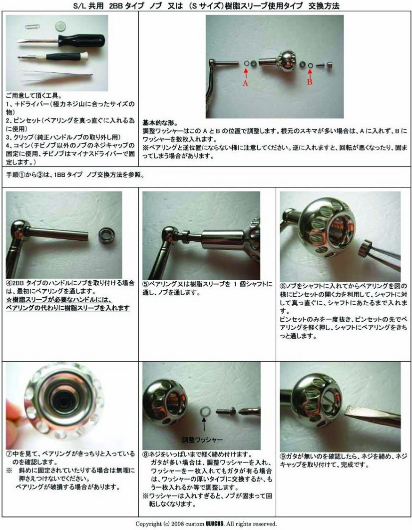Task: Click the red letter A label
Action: (x=245, y=84)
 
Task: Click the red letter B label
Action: (x=310, y=82)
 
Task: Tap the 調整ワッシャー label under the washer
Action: (x=202, y=440)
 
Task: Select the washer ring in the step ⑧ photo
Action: (x=204, y=411)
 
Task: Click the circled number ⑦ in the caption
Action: (x=9, y=454)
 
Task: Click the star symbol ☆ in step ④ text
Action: (x=8, y=300)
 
